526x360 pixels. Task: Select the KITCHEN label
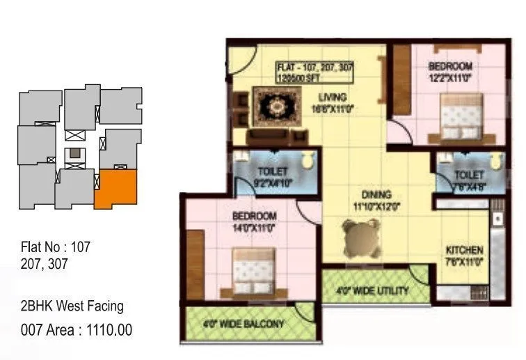coord(464,250)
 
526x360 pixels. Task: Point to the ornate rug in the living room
coord(278,106)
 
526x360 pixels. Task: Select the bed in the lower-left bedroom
coord(253,269)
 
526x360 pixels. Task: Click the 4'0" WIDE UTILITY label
coord(373,290)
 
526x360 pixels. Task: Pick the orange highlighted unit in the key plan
coord(115,188)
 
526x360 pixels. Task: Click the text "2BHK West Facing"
coord(72,306)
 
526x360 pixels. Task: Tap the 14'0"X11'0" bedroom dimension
coord(255,226)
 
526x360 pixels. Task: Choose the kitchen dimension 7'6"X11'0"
coord(465,261)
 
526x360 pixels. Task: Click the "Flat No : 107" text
coord(56,246)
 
